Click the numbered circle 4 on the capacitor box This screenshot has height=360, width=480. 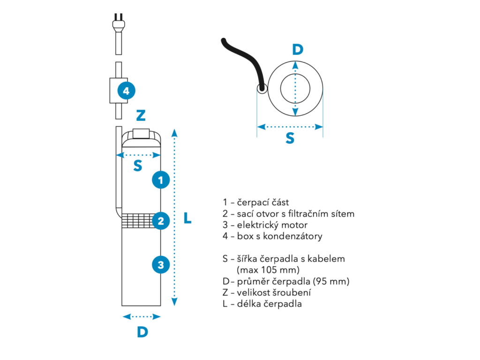tap(127, 90)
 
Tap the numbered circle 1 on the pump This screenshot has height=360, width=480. tap(161, 180)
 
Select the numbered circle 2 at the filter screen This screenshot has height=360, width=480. tap(161, 221)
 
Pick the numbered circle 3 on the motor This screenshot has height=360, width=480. tap(161, 265)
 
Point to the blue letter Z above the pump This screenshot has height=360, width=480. tap(141, 116)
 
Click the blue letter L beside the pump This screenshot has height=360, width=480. tap(187, 218)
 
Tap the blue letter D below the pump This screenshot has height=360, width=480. tap(142, 332)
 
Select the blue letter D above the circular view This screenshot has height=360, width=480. tap(298, 49)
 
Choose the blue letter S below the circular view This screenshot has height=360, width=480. tap(290, 138)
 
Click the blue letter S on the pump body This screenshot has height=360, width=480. tap(138, 165)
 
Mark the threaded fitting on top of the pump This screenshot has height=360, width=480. tap(141, 134)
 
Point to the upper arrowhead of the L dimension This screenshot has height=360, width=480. tap(174, 133)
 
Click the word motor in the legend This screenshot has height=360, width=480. tap(294, 225)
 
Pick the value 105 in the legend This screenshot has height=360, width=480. tap(270, 270)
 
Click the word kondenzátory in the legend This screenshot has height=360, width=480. tap(292, 236)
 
